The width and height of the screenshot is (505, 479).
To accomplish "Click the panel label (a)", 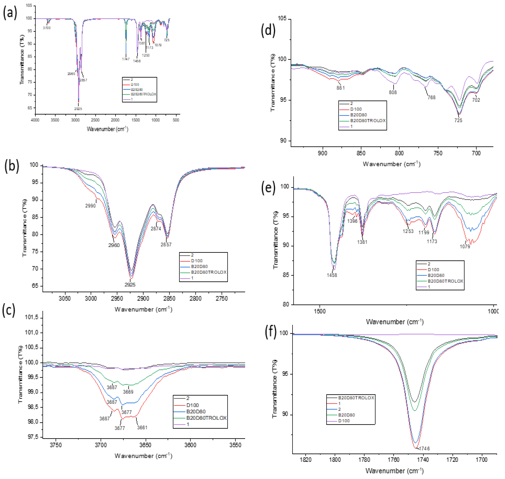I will (x=10, y=13).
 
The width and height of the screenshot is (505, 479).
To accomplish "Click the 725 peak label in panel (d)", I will (x=458, y=120).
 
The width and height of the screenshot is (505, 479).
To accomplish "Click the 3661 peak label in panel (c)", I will (x=142, y=427).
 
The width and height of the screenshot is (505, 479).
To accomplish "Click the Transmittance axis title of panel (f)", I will (x=275, y=389).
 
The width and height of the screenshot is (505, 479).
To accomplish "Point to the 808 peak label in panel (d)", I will (x=393, y=92).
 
